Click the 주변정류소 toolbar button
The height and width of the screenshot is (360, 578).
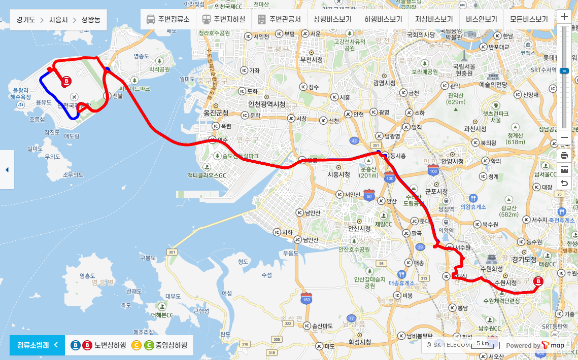coord(168,20)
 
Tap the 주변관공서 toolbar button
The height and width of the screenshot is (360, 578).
coord(280,20)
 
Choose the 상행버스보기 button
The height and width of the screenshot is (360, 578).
coord(332,20)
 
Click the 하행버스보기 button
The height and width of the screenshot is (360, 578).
coord(383,20)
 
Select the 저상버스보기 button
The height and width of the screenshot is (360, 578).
coord(434,20)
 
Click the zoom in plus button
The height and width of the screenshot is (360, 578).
coord(564,17)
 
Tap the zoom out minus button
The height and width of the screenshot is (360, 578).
coord(564,137)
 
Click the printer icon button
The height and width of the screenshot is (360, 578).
coord(564,156)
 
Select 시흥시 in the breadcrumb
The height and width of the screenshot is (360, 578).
coord(60,20)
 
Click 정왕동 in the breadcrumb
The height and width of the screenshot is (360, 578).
coord(91,20)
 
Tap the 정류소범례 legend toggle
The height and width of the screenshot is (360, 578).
coord(37,345)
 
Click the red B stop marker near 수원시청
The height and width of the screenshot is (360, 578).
coord(538,280)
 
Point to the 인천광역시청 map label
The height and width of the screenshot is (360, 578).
coord(266,104)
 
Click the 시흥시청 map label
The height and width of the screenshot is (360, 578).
coord(339,174)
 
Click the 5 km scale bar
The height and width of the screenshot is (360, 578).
coord(483,345)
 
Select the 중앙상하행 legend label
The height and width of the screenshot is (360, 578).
coord(171,345)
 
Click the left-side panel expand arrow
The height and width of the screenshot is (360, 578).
coord(7,170)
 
